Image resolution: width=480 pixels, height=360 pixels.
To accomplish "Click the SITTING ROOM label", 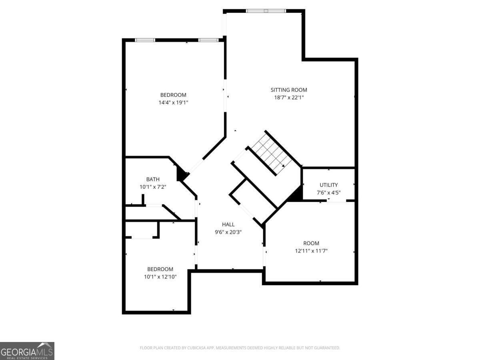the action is [x=289, y=90].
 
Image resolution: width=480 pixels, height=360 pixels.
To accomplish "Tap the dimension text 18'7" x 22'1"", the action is [x=289, y=98].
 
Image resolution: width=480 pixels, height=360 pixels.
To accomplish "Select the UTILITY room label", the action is [x=328, y=185].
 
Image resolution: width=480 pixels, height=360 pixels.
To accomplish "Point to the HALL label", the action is [x=228, y=224].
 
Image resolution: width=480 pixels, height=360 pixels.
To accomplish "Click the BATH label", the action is [x=153, y=179].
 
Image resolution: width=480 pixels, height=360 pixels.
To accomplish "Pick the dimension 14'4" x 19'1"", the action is [x=173, y=102].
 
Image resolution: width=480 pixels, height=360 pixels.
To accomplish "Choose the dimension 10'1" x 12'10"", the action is [x=160, y=277].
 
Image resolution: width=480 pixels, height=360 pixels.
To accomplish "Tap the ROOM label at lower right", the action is [x=311, y=243].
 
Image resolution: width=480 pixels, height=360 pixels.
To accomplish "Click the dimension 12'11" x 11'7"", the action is [x=311, y=251].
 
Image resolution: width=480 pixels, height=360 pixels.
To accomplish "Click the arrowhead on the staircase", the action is [x=283, y=166].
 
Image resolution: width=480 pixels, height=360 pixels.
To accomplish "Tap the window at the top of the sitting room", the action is [x=266, y=11].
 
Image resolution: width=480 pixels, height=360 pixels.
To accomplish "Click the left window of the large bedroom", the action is [x=145, y=40].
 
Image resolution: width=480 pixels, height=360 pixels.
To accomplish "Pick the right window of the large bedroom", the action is [x=208, y=40].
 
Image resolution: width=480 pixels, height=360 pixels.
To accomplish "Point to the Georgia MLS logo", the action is [x=27, y=351].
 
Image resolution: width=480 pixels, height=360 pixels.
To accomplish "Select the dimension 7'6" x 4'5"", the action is [x=328, y=192].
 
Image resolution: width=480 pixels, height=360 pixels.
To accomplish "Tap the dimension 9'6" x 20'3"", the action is [x=228, y=232].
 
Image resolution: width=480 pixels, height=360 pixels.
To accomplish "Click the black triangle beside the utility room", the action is [x=296, y=194].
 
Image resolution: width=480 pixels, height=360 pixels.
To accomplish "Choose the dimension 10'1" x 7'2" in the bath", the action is [x=153, y=187].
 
